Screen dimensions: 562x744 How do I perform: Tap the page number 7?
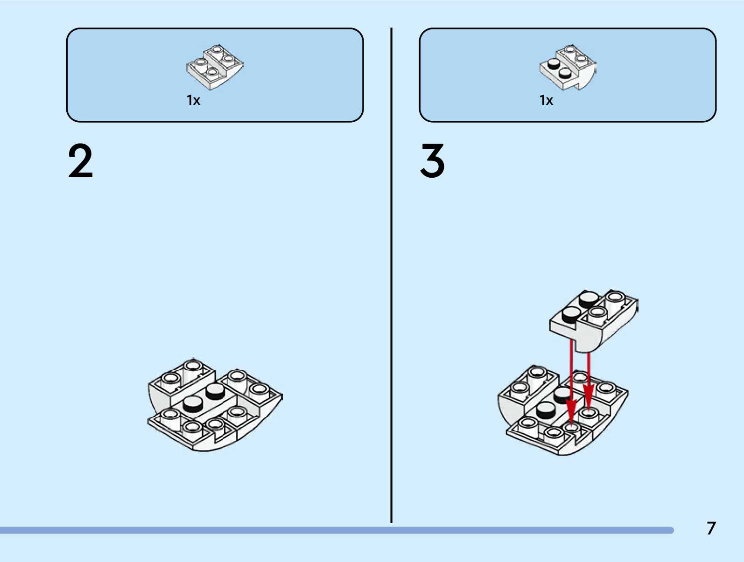click(x=711, y=528)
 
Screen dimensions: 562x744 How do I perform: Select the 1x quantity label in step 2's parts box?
click(x=193, y=100)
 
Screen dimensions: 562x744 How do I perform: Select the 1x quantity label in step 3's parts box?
click(x=546, y=100)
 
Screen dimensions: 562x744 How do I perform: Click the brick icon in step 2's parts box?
click(x=215, y=67)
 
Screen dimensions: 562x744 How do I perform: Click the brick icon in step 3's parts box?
click(x=568, y=67)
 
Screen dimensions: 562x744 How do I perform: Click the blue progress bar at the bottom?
click(x=336, y=530)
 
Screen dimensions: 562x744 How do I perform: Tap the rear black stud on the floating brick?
click(x=589, y=299)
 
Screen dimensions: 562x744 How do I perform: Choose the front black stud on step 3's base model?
click(x=545, y=410)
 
